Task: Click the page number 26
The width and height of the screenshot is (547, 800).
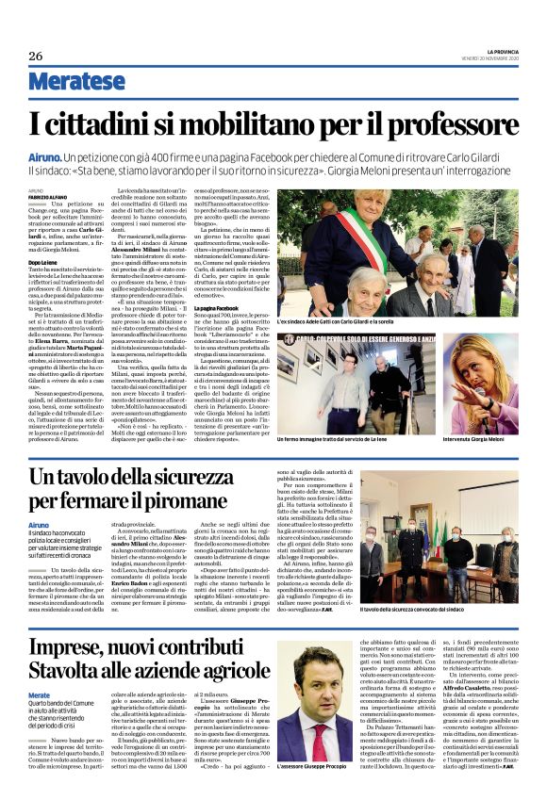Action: tap(36, 55)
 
